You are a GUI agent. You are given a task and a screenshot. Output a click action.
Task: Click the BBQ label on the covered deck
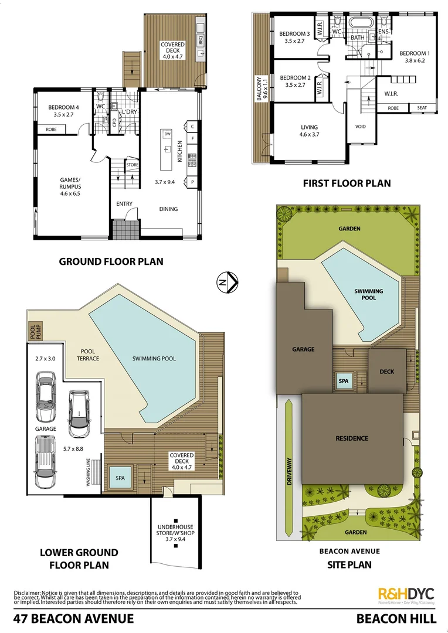point(200,41)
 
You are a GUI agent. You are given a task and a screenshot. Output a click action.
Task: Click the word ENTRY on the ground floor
point(124,204)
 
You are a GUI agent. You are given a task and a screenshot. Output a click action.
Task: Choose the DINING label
point(168,209)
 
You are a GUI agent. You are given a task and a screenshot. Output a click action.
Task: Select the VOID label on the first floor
point(361,127)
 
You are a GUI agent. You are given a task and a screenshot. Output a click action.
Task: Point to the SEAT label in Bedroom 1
point(422,108)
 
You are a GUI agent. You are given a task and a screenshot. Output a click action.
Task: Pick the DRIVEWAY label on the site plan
point(289,440)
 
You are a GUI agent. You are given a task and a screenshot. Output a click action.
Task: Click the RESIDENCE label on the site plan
point(352,438)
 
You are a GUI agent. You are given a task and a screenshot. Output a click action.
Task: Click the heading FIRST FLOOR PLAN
point(347,183)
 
